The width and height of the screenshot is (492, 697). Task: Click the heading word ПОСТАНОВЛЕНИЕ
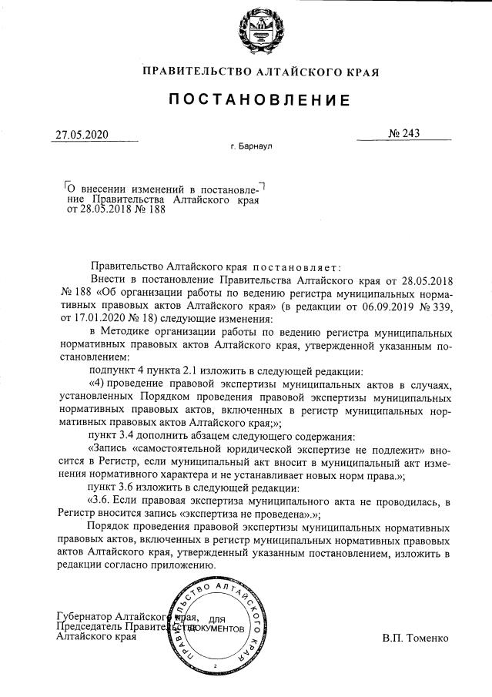pyautogui.click(x=260, y=100)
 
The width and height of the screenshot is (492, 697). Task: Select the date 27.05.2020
pyautogui.click(x=82, y=135)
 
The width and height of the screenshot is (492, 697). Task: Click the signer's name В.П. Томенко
pyautogui.click(x=415, y=638)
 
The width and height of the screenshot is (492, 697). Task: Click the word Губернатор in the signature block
pyautogui.click(x=85, y=616)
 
